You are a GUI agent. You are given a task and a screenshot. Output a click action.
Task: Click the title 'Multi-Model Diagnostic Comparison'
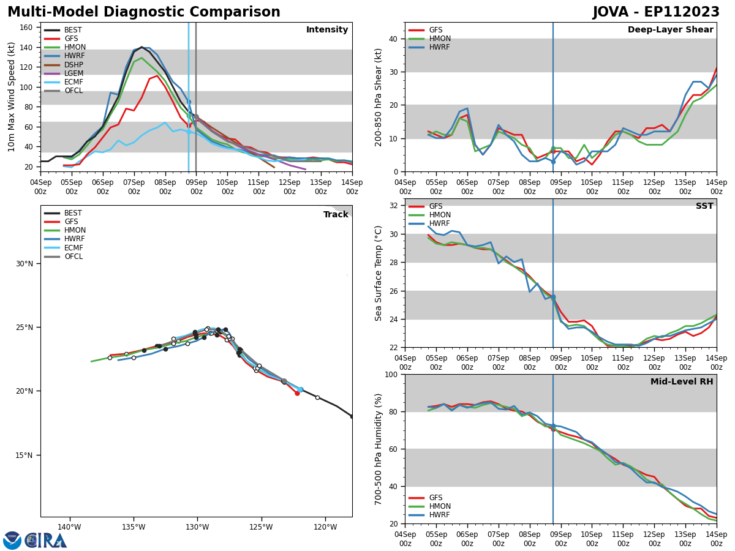[x=144, y=12]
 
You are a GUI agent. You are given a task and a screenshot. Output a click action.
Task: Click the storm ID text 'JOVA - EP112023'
[x=656, y=12]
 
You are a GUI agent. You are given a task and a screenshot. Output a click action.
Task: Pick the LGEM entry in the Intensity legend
[x=73, y=73]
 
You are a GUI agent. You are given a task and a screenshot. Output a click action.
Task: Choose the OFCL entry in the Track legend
[x=73, y=257]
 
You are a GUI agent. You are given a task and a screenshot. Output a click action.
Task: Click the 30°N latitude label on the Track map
[x=24, y=264]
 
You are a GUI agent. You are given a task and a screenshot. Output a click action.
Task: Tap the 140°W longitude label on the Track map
[x=69, y=527]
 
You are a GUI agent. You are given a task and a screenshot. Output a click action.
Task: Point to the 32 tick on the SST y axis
[x=396, y=206]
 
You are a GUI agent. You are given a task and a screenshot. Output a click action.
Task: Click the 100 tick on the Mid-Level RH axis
[x=393, y=375]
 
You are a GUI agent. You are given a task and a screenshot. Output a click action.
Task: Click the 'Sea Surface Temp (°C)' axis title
[x=379, y=273]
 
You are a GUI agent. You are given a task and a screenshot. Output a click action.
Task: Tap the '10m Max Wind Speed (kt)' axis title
[x=12, y=97]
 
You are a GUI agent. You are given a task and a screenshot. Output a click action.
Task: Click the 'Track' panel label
[x=336, y=215]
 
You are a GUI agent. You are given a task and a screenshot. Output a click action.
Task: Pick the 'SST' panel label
[x=704, y=206]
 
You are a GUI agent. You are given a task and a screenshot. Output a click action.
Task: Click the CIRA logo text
[x=45, y=541]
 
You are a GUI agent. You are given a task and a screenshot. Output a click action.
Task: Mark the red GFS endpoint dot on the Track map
[x=297, y=393]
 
